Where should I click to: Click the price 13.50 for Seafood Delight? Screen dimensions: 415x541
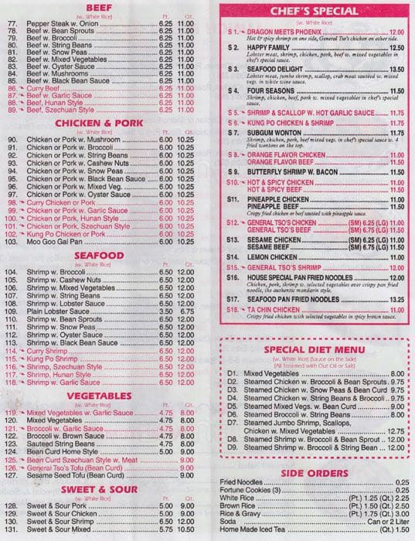pos(396,68)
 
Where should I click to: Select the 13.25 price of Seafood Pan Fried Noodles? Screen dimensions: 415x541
pos(396,299)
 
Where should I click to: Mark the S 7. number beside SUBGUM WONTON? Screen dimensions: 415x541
pos(233,132)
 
